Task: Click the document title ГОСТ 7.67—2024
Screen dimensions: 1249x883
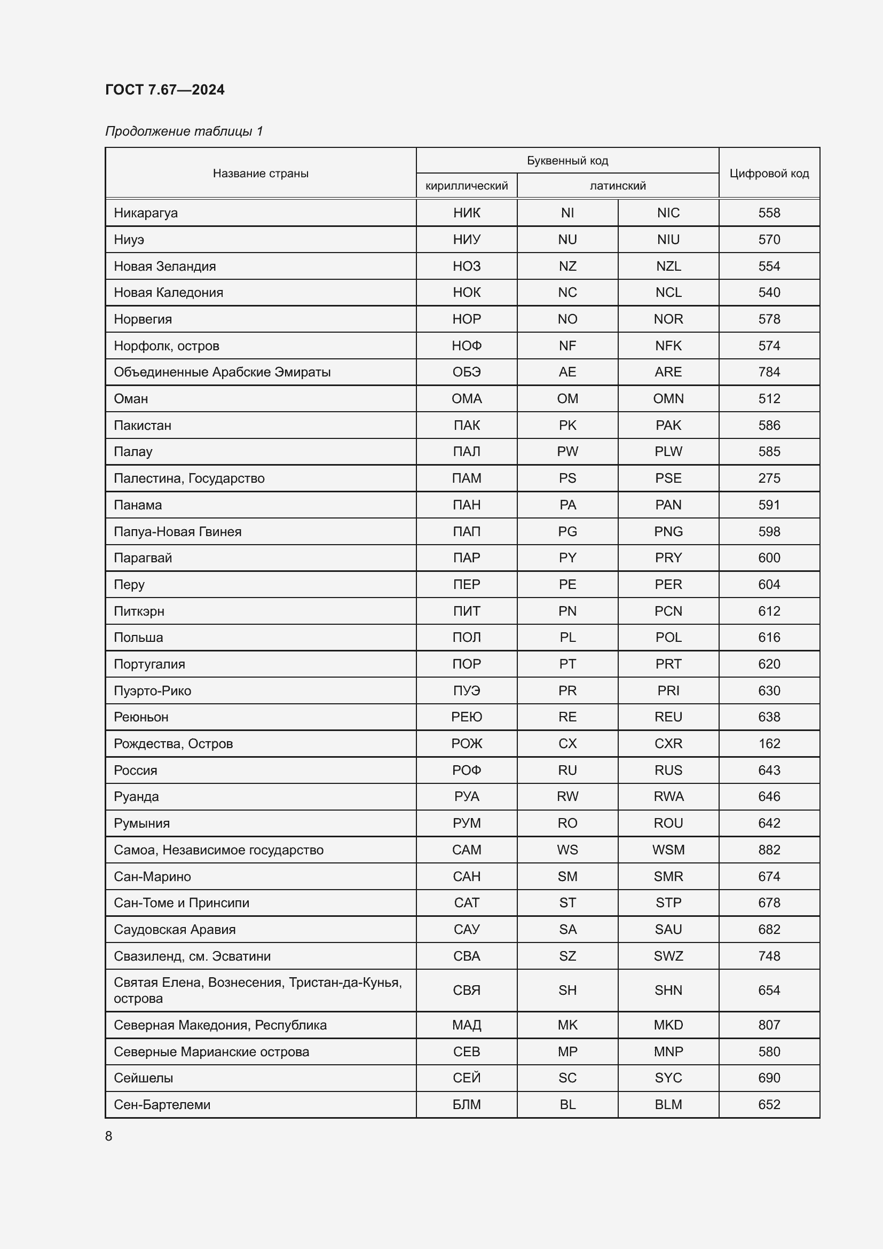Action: (x=164, y=90)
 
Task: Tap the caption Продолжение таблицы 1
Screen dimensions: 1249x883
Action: (x=184, y=131)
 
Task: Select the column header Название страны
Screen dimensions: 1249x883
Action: (x=261, y=173)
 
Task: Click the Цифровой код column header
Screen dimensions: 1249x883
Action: (x=769, y=173)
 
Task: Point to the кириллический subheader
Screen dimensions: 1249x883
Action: (x=467, y=185)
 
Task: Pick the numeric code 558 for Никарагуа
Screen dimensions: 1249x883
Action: (x=769, y=213)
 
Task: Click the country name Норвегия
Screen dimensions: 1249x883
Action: (x=143, y=319)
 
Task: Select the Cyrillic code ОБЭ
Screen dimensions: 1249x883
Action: (x=467, y=372)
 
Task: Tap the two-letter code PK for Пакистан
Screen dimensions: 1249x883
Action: (x=567, y=425)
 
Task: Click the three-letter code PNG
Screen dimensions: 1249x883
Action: (x=668, y=531)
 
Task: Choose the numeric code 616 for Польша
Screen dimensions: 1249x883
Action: (x=769, y=637)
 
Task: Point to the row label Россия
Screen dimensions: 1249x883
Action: (x=136, y=771)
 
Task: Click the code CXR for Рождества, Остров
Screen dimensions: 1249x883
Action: (x=668, y=744)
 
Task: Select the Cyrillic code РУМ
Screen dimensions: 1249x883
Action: (x=467, y=823)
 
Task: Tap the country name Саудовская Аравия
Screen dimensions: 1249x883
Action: (x=175, y=929)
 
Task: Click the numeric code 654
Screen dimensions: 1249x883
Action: (x=769, y=990)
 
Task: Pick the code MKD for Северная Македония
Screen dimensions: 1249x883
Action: (x=668, y=1025)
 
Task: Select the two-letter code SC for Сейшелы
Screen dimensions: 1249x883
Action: (x=567, y=1078)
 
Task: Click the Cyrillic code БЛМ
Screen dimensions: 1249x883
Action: (x=467, y=1104)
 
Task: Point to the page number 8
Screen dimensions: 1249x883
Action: (x=109, y=1136)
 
